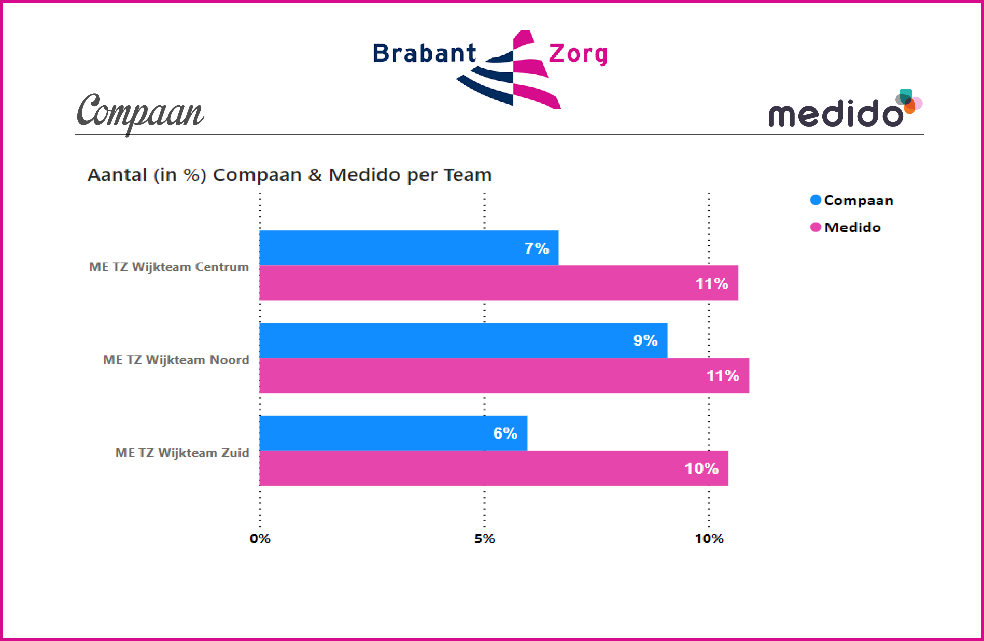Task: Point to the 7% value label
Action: pyautogui.click(x=537, y=249)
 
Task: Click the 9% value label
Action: pyautogui.click(x=645, y=340)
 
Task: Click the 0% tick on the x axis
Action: pyautogui.click(x=260, y=538)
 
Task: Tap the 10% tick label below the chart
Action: pyautogui.click(x=709, y=538)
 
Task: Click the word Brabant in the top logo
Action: pyautogui.click(x=425, y=54)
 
